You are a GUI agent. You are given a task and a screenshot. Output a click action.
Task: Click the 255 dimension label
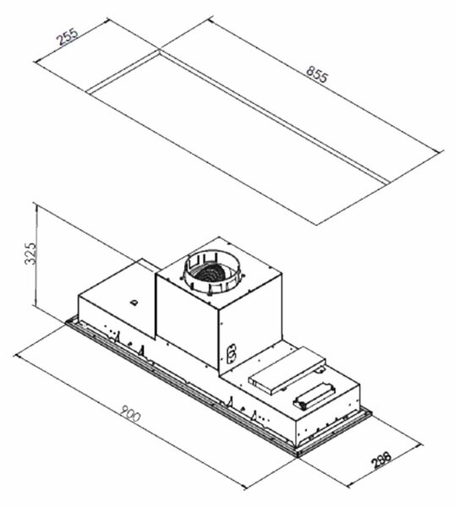pyautogui.click(x=68, y=37)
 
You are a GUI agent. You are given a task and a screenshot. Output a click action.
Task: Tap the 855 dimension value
pyautogui.click(x=317, y=74)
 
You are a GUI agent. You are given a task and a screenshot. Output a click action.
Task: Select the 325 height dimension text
pyautogui.click(x=31, y=253)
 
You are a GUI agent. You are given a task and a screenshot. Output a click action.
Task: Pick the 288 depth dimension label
pyautogui.click(x=381, y=460)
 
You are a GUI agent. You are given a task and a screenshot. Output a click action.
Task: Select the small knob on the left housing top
pyautogui.click(x=134, y=303)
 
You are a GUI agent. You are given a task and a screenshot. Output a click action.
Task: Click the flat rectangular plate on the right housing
pyautogui.click(x=287, y=370)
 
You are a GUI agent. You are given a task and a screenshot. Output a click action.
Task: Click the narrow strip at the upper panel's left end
pyautogui.click(x=123, y=72)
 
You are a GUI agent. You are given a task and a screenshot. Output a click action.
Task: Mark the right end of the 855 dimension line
pyautogui.click(x=442, y=151)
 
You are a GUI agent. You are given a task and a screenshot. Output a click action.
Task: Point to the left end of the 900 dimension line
pyautogui.click(x=15, y=354)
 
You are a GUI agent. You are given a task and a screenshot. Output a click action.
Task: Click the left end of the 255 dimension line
pyautogui.click(x=36, y=62)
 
